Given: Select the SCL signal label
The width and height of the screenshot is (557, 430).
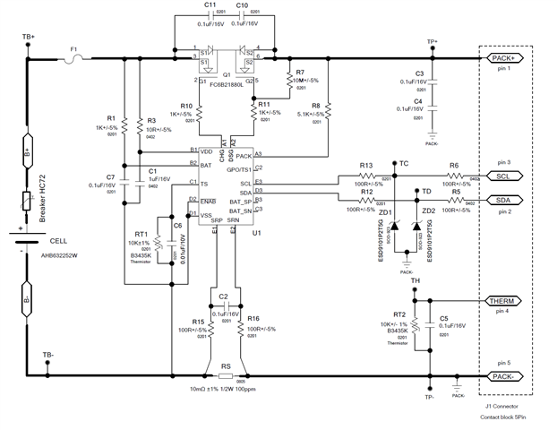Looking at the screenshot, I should tap(502, 176).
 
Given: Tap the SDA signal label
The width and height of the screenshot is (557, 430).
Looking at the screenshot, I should tap(502, 200).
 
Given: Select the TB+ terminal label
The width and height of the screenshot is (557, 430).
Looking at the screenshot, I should tap(28, 37).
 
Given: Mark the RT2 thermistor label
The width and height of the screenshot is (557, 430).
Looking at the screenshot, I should tap(390, 314).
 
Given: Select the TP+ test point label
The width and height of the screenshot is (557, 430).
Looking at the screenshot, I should tap(432, 41).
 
